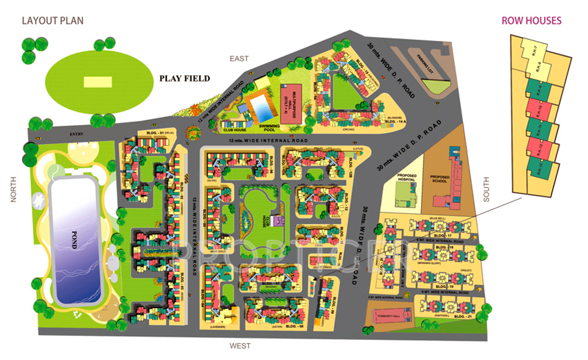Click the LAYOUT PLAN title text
click(52, 20)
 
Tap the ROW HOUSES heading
click(531, 20)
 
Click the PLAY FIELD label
click(184, 78)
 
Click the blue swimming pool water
click(260, 107)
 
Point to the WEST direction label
click(241, 346)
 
